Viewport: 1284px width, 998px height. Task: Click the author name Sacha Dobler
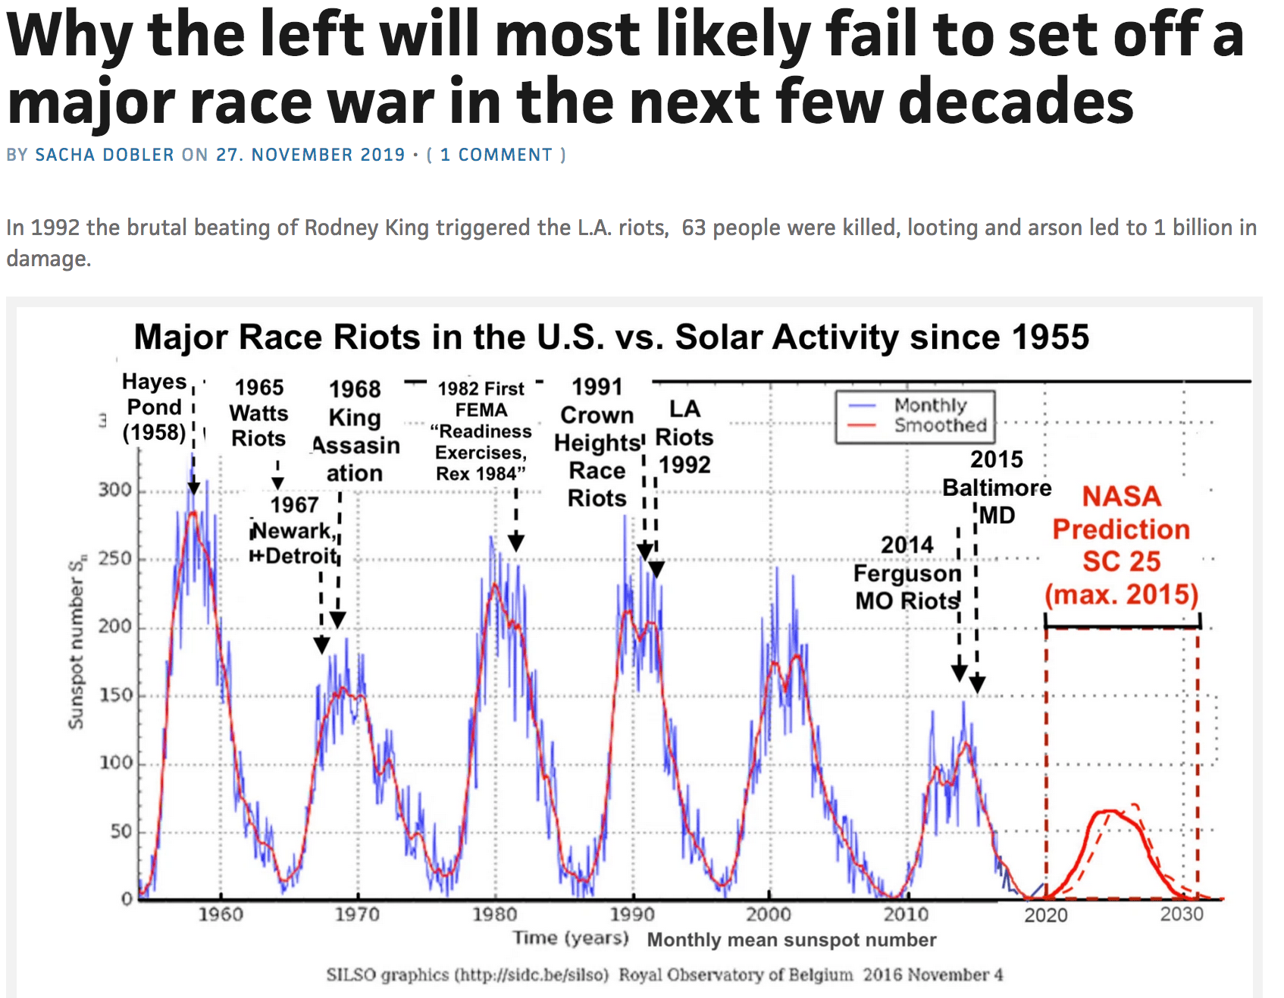[x=105, y=155]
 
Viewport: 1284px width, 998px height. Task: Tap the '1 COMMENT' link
[x=497, y=155]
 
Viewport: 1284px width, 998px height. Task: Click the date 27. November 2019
[x=311, y=155]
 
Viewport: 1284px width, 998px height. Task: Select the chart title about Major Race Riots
[x=611, y=337]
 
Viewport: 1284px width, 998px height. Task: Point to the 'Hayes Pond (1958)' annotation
[x=155, y=407]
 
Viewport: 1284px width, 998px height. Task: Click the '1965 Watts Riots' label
[x=259, y=413]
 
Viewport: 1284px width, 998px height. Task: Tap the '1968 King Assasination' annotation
[x=355, y=431]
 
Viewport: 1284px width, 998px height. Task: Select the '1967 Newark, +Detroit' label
[x=294, y=531]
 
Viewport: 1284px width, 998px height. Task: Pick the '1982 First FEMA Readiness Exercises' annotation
[x=481, y=431]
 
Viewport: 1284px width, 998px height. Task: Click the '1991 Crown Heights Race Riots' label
[x=597, y=443]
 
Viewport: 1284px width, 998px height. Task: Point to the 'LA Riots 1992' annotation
[x=684, y=438]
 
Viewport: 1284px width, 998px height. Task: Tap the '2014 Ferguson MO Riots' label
[x=907, y=573]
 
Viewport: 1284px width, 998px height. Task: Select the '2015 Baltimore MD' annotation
[x=997, y=487]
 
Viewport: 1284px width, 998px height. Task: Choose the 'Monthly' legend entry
[x=931, y=405]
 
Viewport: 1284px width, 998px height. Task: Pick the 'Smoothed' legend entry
[x=940, y=425]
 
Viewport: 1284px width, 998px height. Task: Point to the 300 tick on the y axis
[x=115, y=490]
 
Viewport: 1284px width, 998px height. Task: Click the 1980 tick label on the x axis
[x=495, y=915]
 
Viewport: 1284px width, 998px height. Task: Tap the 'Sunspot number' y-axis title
[x=77, y=645]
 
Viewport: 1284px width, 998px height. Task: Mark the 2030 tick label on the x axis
[x=1182, y=915]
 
